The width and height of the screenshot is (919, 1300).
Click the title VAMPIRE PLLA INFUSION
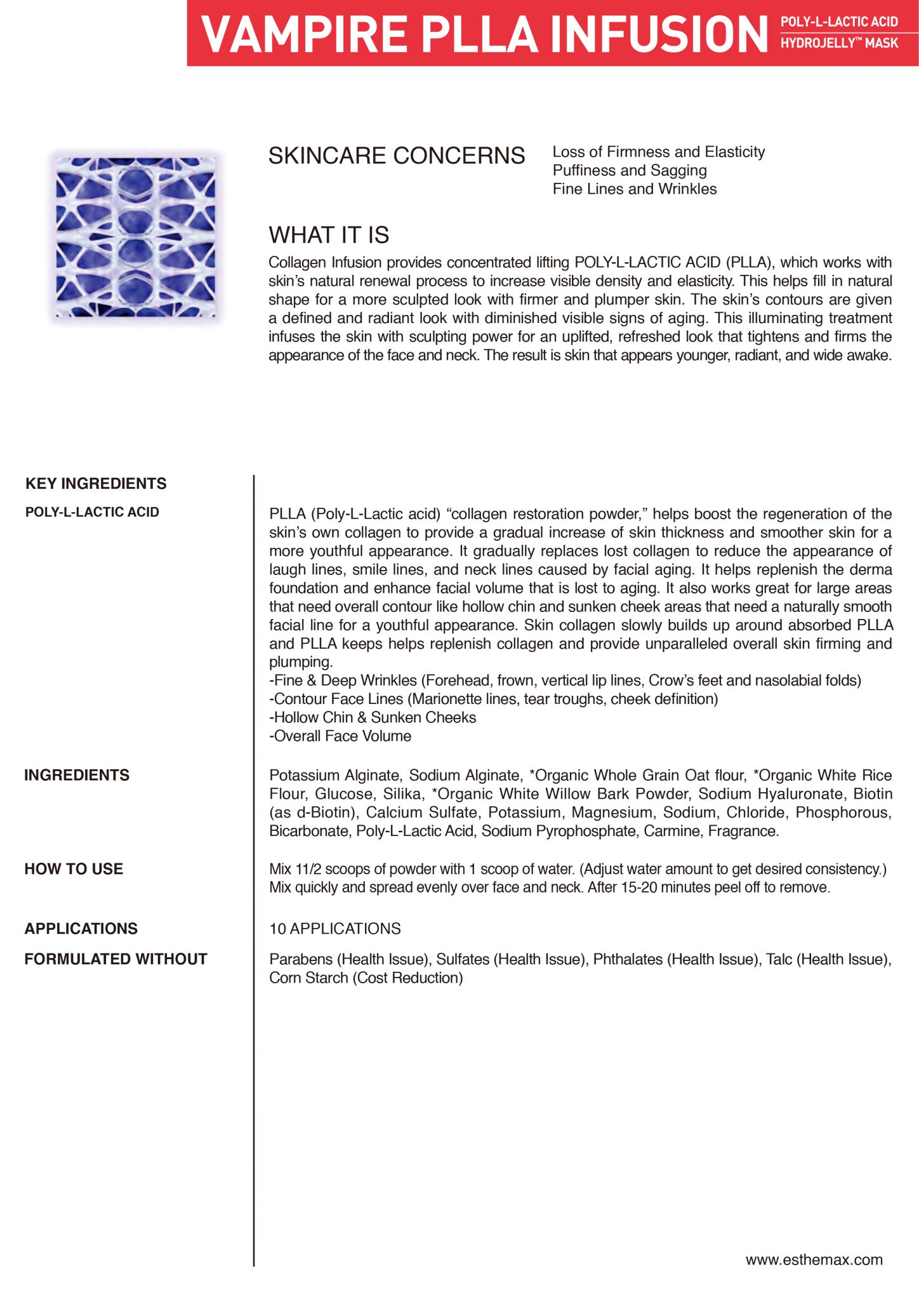484,34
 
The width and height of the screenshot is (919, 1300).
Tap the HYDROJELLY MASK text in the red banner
839,43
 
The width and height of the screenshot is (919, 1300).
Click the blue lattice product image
136,236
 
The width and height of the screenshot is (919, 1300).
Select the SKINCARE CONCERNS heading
397,156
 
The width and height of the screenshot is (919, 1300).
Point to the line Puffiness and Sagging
629,170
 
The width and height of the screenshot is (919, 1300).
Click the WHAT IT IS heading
329,235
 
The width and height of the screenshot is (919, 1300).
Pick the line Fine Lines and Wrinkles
634,189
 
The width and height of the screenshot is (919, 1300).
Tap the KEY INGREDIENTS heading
96,484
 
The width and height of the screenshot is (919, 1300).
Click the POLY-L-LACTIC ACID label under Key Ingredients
92,512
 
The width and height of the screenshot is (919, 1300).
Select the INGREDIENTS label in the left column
77,775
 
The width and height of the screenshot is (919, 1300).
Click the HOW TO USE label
74,869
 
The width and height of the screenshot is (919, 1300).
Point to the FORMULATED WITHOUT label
116,959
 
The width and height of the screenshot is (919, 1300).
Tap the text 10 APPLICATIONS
335,929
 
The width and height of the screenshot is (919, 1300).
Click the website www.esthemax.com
814,1260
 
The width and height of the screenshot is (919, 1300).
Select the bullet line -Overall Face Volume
340,736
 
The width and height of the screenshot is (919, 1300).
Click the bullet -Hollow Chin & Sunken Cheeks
373,717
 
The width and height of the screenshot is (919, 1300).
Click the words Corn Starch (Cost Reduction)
366,978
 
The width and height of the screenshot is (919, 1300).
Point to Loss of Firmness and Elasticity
658,152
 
